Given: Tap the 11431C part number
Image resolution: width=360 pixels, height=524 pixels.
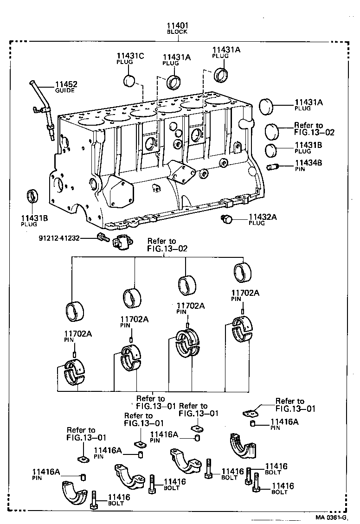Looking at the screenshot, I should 130,56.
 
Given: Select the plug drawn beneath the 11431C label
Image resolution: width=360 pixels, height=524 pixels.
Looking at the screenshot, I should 130,81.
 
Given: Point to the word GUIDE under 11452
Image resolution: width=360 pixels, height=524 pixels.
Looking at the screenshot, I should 66,91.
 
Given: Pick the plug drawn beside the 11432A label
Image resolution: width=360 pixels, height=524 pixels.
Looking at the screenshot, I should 227,219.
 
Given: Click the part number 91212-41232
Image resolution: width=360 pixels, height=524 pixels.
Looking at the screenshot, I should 59,238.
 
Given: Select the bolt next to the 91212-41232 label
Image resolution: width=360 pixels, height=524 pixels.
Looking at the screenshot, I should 103,238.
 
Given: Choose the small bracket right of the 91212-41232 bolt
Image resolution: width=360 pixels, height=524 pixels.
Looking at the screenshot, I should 122,241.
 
